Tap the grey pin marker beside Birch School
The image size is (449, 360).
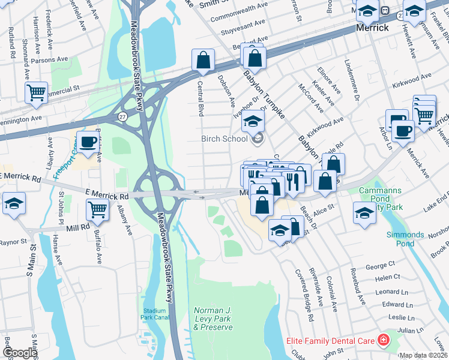pos(258,139)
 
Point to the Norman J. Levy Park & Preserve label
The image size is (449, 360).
pos(212,319)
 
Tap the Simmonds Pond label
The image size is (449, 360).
pos(414,239)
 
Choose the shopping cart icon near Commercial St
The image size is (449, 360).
pos(36,92)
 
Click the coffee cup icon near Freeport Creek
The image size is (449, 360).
pos(88,142)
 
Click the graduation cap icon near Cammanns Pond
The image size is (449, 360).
pos(364,213)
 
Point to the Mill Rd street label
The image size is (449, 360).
pos(77,228)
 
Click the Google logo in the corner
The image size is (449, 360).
pos(19,353)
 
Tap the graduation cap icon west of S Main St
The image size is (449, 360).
pos(13,203)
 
